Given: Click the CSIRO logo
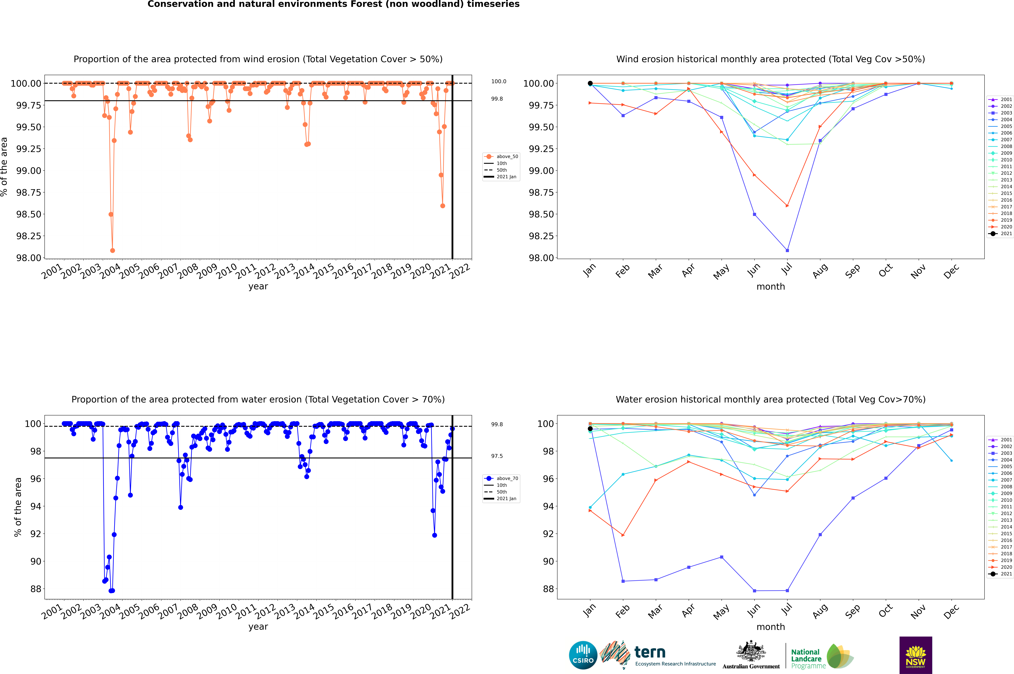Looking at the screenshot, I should pos(583,655).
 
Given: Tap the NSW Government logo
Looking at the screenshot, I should pos(916,655).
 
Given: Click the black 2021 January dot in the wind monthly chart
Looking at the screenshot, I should pos(590,83).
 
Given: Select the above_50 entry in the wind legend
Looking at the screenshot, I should pos(507,156).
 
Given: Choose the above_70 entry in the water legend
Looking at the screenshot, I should pos(507,478).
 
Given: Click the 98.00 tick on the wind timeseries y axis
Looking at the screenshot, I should pos(28,258).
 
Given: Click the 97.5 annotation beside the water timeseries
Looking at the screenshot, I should pos(497,456).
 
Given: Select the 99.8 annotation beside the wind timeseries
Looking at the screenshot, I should pos(497,99).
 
